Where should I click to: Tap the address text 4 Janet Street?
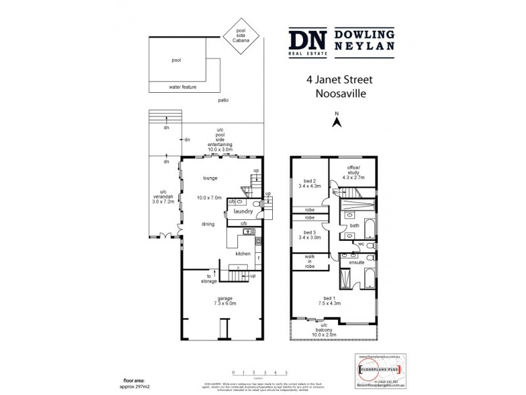(x=339, y=80)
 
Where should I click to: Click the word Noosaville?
(x=339, y=93)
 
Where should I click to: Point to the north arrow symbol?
(x=336, y=122)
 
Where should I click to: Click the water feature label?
(x=183, y=87)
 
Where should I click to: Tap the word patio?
(x=224, y=100)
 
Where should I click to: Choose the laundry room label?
(x=243, y=211)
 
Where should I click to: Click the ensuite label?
(x=357, y=261)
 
